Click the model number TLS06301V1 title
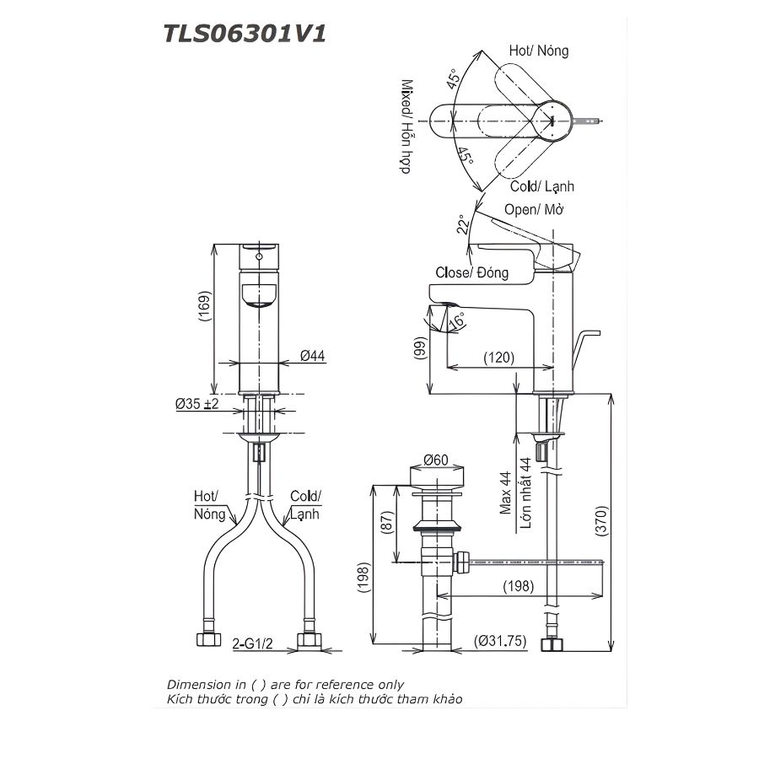(x=244, y=33)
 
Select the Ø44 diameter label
(x=312, y=357)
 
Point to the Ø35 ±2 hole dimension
(x=196, y=405)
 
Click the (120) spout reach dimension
(x=498, y=358)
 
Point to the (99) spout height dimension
(x=419, y=348)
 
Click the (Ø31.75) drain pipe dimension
(x=500, y=641)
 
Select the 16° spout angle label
(x=456, y=321)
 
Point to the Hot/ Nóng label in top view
(x=538, y=51)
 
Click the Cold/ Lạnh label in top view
(x=541, y=186)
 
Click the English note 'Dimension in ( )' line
(x=285, y=684)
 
